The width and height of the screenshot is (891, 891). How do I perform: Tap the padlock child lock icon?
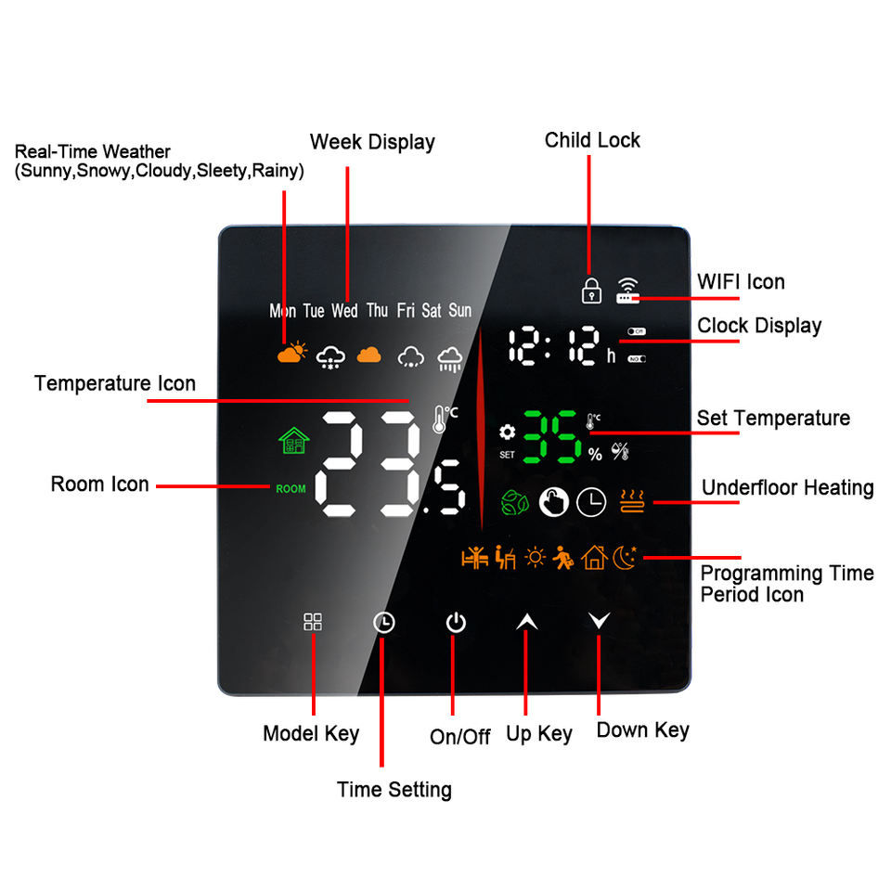(590, 290)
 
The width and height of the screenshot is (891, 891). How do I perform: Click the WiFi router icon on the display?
(628, 291)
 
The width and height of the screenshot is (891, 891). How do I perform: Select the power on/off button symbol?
(455, 623)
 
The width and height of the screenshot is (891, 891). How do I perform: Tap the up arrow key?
(526, 622)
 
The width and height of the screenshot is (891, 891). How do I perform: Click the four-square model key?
(313, 622)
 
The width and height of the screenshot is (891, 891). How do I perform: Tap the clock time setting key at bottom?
(383, 623)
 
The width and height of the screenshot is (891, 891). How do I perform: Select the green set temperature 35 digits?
(551, 437)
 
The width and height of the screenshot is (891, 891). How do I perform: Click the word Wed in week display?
(344, 311)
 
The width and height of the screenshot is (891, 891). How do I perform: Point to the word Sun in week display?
(460, 311)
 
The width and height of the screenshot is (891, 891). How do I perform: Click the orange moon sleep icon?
(626, 557)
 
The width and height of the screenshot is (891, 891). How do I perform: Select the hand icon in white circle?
(554, 502)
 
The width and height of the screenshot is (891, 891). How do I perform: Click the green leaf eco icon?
(513, 502)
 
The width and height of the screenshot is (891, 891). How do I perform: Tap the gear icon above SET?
(507, 433)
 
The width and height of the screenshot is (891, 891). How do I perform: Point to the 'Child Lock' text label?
(592, 140)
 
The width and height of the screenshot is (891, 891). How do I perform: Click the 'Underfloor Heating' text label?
(787, 487)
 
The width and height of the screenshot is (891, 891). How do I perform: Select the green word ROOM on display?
(291, 488)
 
